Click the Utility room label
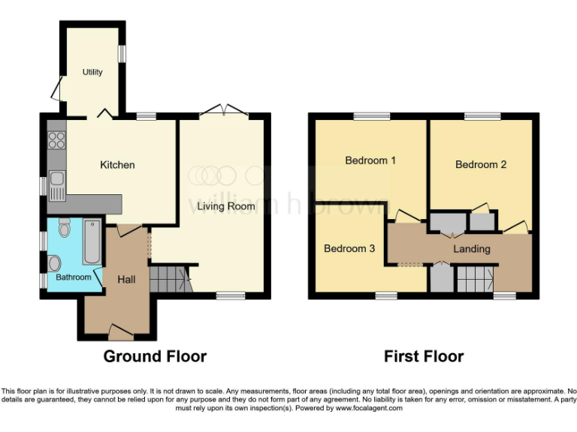click(92, 72)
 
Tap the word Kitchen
click(118, 165)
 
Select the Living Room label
click(226, 205)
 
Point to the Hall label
click(126, 279)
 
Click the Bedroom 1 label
click(370, 160)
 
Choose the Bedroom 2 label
click(481, 164)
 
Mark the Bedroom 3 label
click(349, 248)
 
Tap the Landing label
click(472, 248)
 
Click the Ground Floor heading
click(155, 356)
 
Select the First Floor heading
click(424, 356)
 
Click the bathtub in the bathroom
click(92, 241)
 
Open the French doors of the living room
click(224, 111)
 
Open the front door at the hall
click(118, 329)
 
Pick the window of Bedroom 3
click(386, 296)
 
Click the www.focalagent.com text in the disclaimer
click(369, 409)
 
